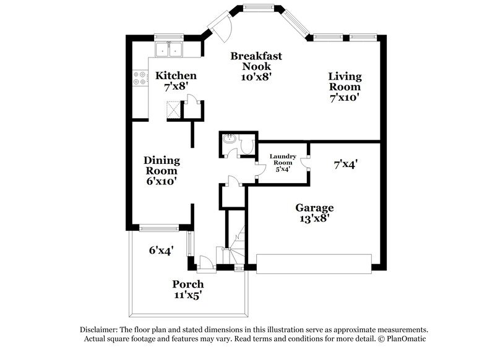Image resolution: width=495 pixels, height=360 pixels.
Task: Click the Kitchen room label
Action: click(176, 81)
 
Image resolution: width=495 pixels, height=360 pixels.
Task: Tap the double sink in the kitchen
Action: click(169, 49)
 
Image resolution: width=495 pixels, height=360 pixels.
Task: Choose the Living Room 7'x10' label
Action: click(345, 87)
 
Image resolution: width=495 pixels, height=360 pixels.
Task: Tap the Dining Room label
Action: click(161, 170)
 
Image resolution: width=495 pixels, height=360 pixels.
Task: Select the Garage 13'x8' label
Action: click(314, 213)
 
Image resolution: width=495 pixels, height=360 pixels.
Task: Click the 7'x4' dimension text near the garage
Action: click(346, 165)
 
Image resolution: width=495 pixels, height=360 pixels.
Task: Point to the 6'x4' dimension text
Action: click(160, 251)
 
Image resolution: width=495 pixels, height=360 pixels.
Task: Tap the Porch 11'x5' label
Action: click(187, 289)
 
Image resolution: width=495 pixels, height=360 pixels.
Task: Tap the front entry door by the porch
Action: click(205, 264)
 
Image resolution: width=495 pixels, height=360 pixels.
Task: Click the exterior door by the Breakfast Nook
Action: click(219, 27)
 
